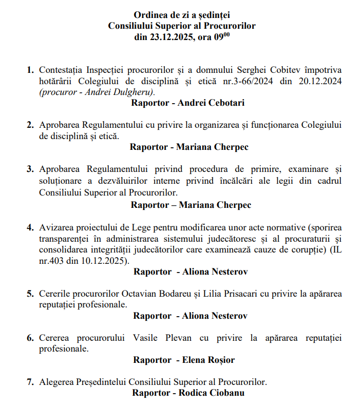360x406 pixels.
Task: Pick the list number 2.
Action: [x=30, y=125]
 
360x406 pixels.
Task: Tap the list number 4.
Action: [x=30, y=227]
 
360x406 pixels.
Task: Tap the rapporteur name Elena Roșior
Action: [x=208, y=360]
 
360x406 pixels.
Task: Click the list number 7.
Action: [x=30, y=382]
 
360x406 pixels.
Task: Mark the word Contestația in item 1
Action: [x=62, y=69]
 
